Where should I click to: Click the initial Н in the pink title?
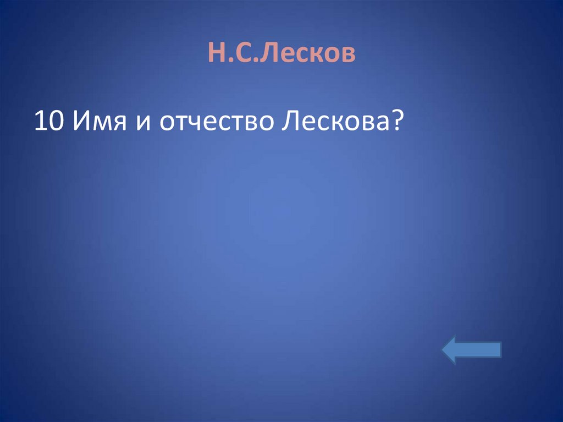pyautogui.click(x=215, y=54)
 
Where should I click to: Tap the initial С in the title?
pyautogui.click(x=238, y=54)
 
